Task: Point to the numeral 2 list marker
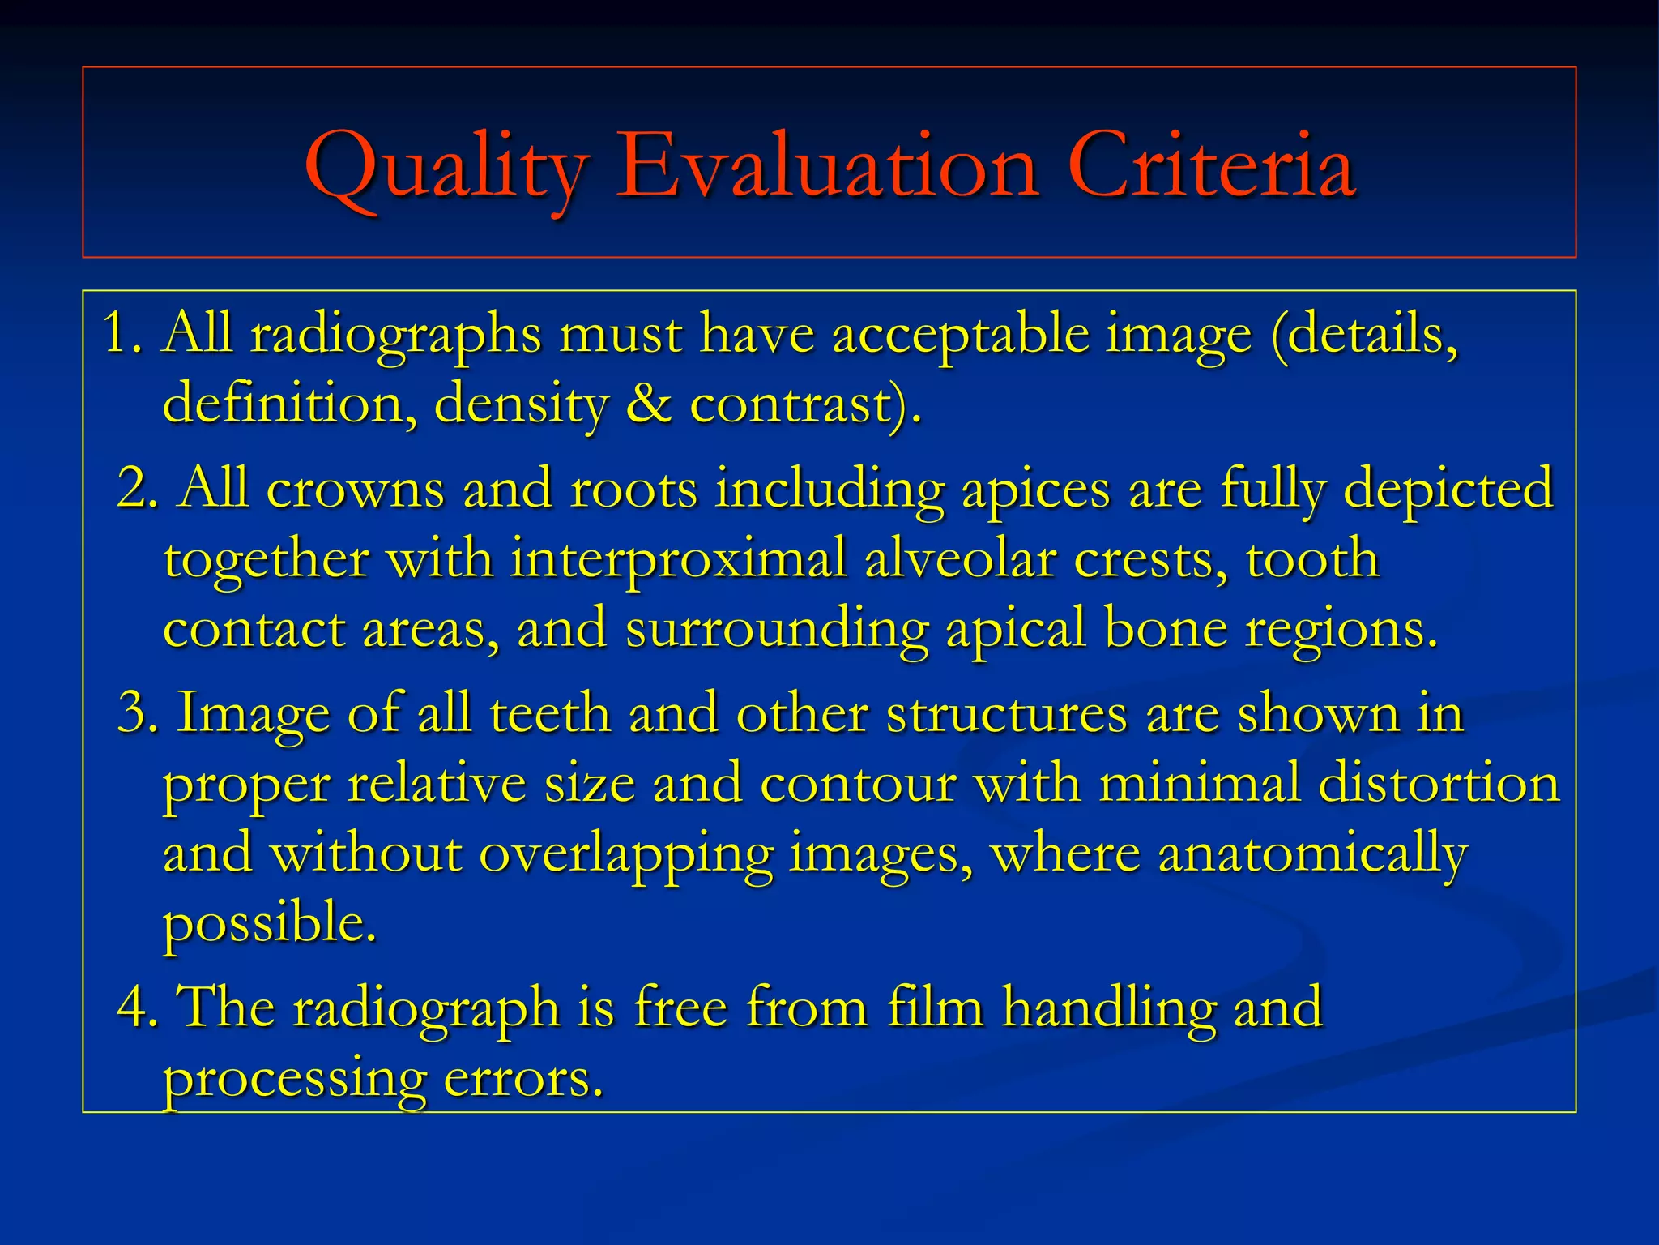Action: [x=133, y=489]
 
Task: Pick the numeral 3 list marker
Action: [x=133, y=713]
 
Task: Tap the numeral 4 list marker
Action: [x=133, y=1008]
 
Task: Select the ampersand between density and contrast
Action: [x=648, y=403]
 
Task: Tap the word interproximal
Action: [x=679, y=560]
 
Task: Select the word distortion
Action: [x=1439, y=784]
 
